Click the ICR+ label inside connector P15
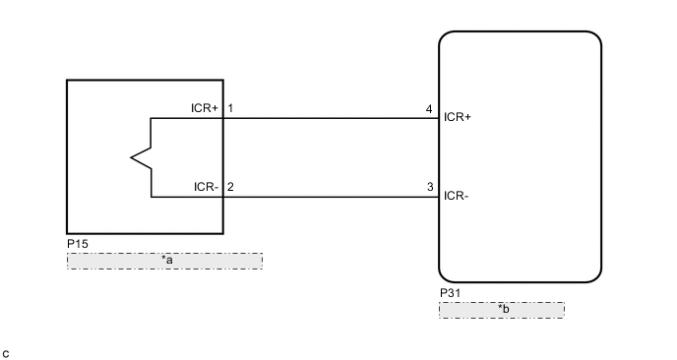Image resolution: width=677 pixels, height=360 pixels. pos(205,108)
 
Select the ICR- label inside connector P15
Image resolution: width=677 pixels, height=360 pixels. pos(206,186)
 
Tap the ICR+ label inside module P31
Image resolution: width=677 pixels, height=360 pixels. pos(459,117)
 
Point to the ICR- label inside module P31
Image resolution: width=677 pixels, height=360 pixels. pos(457,195)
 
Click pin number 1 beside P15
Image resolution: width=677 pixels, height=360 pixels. pos(230,108)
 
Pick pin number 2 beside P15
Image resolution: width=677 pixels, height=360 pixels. pos(230,186)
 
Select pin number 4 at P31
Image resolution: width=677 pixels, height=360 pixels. pos(429,108)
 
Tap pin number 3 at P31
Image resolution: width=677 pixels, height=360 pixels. pos(429,186)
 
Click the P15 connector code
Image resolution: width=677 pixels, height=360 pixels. pos(76,242)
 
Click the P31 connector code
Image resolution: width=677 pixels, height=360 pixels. pos(449,293)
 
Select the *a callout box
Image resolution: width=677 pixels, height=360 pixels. pos(164,261)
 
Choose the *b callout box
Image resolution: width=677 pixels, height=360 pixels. pos(502,310)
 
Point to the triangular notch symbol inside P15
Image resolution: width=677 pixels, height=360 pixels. pos(139,156)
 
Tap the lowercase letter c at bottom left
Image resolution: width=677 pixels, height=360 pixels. pos(7,352)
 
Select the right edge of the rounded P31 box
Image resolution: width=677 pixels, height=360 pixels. pos(600,157)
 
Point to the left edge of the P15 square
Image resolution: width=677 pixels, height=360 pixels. pos(68,157)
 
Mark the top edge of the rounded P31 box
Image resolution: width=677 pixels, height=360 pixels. pos(520,32)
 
